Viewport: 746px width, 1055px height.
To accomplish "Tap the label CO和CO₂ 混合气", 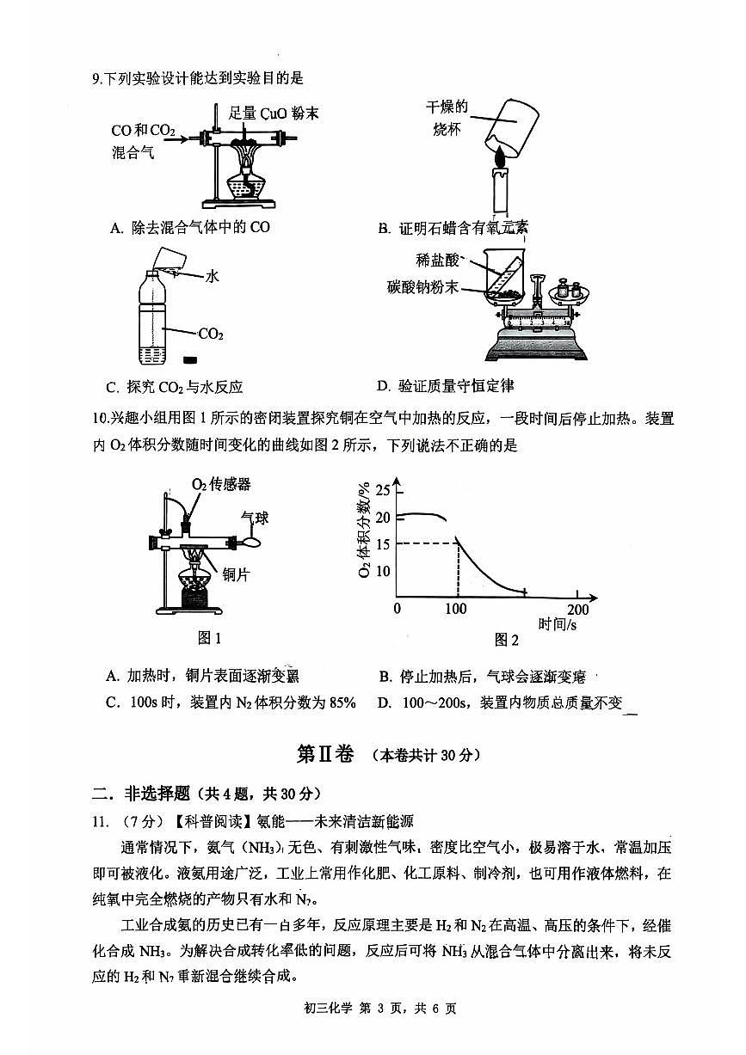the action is coord(142,142).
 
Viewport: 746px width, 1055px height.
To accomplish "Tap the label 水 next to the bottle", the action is coord(212,276).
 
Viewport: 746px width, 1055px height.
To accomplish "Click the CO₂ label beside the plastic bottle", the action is coord(212,334).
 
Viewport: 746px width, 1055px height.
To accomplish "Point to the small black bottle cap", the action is coord(191,360).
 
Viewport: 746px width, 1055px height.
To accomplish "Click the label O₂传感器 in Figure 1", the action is coord(221,484).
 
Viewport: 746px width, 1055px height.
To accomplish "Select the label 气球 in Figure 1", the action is coord(255,518).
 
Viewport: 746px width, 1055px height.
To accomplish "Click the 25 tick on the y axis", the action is coord(382,491).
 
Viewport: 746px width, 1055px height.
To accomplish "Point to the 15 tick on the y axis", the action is coord(382,544).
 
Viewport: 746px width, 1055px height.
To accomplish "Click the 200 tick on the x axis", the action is coord(578,609).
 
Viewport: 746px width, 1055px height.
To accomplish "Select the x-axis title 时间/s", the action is coord(558,625).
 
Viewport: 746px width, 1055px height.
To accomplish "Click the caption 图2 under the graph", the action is coord(507,640).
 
